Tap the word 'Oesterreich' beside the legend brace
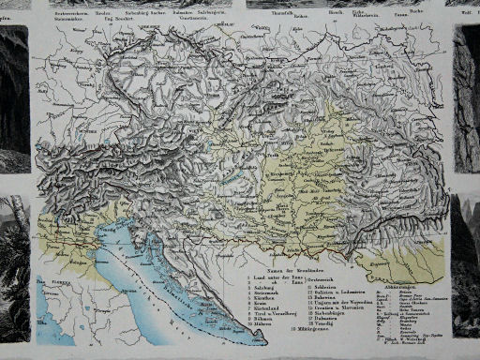pyautogui.click(x=330, y=278)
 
